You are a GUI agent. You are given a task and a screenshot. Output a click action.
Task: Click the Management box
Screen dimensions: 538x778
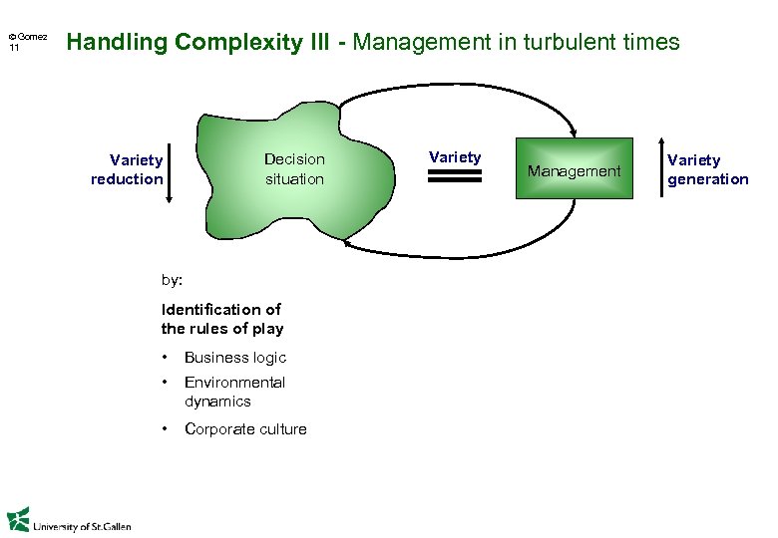tap(574, 169)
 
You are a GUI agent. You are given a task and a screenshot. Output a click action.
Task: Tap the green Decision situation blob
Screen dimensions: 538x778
tap(293, 169)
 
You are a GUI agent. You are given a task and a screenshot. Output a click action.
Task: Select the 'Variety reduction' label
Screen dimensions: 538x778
tap(127, 169)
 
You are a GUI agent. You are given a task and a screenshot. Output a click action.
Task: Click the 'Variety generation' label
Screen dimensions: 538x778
tap(707, 169)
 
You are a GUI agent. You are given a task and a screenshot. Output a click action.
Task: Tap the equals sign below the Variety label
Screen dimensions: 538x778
tap(454, 176)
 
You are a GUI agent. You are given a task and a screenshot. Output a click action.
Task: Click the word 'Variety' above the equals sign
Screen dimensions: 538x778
tap(455, 156)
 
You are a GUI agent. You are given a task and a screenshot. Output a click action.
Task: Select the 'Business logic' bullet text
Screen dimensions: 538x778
tap(235, 358)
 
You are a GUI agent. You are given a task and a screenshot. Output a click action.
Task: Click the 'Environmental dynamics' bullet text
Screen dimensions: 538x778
tap(234, 392)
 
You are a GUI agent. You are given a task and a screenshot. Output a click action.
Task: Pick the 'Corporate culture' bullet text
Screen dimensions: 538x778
tap(245, 429)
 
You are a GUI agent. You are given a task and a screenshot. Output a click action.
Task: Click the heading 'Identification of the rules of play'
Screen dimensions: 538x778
tap(222, 319)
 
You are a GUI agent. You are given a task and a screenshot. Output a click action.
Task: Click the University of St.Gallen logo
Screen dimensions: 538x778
tap(69, 521)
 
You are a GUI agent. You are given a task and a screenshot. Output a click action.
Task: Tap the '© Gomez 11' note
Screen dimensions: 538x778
tap(27, 42)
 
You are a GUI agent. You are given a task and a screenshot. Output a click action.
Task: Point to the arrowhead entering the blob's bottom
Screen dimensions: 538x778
tap(345, 240)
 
